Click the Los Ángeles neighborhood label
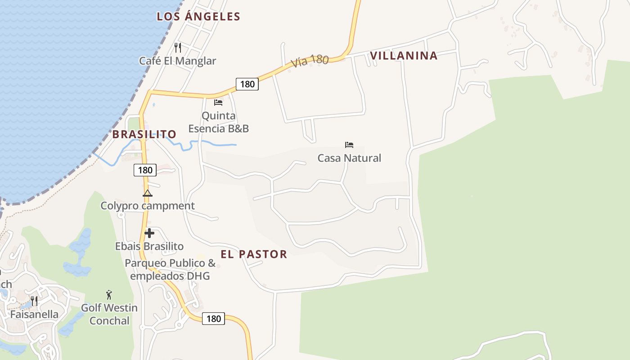pyautogui.click(x=198, y=17)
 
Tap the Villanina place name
pyautogui.click(x=403, y=55)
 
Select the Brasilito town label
pyautogui.click(x=144, y=134)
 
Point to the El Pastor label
pyautogui.click(x=254, y=254)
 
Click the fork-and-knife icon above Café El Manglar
pyautogui.click(x=178, y=47)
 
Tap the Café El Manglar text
pyautogui.click(x=177, y=61)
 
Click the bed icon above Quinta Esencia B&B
pyautogui.click(x=218, y=103)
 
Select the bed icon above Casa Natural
pyautogui.click(x=349, y=145)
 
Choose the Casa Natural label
pyautogui.click(x=349, y=158)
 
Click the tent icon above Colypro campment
pyautogui.click(x=148, y=193)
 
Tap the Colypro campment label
pyautogui.click(x=148, y=206)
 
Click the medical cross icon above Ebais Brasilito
pyautogui.click(x=149, y=233)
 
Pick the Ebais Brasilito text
pyautogui.click(x=149, y=247)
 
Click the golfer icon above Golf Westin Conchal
pyautogui.click(x=109, y=295)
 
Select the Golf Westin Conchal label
pyautogui.click(x=109, y=314)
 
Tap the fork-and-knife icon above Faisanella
pyautogui.click(x=34, y=301)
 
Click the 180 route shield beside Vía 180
pyautogui.click(x=247, y=84)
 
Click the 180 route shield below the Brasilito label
pyautogui.click(x=145, y=170)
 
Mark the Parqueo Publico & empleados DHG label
pyautogui.click(x=170, y=269)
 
